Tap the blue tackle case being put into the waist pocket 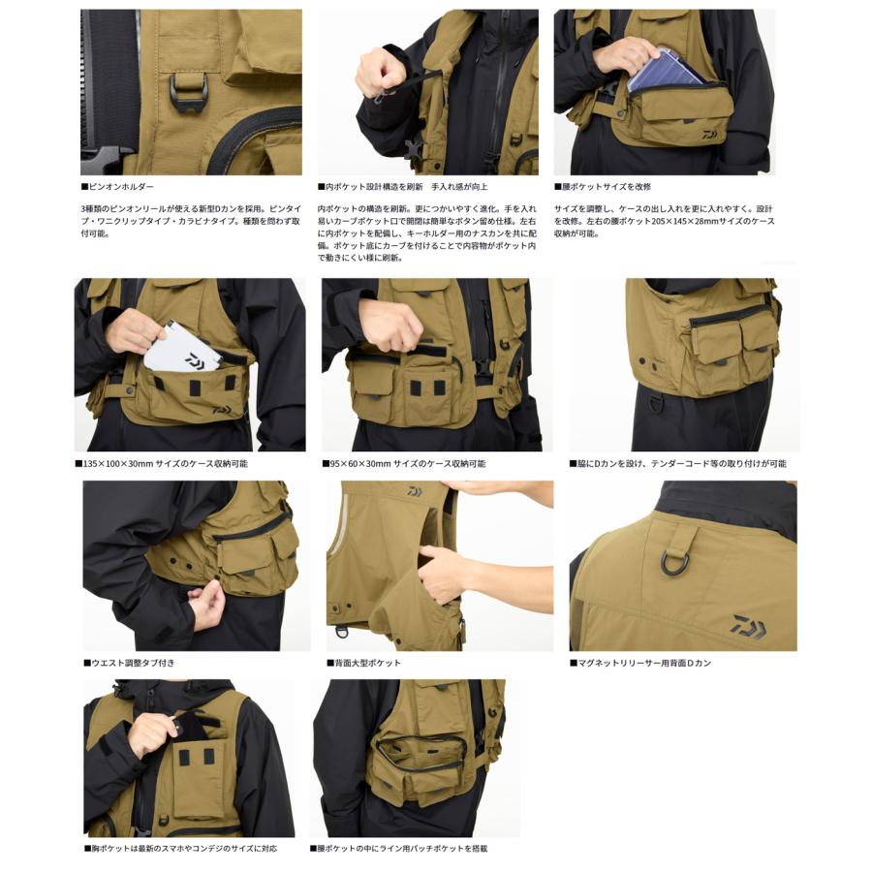[664, 70]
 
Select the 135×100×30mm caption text [162, 464]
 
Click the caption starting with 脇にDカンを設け [677, 464]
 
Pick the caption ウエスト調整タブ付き [130, 663]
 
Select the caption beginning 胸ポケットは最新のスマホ [180, 848]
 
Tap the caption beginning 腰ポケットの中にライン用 [399, 848]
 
